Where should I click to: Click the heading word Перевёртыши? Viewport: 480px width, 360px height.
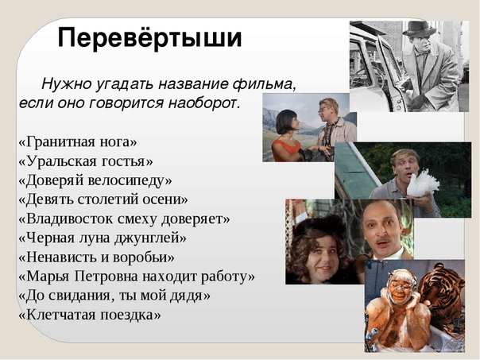149,37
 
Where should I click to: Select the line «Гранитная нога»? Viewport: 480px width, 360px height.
78,142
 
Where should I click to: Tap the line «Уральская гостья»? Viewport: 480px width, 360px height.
86,161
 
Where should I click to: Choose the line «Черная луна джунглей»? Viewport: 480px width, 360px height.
103,238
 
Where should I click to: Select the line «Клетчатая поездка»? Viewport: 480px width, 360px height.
90,315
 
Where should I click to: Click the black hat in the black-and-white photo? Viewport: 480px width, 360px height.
419,29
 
